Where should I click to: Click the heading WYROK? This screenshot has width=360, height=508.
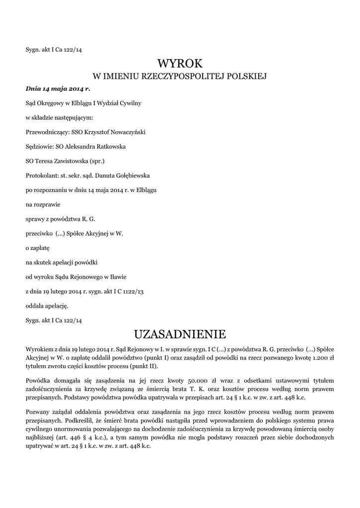[x=180, y=63]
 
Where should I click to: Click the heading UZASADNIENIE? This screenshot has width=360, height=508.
[x=180, y=333]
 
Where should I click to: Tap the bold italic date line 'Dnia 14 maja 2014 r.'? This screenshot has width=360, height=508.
[x=58, y=89]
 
